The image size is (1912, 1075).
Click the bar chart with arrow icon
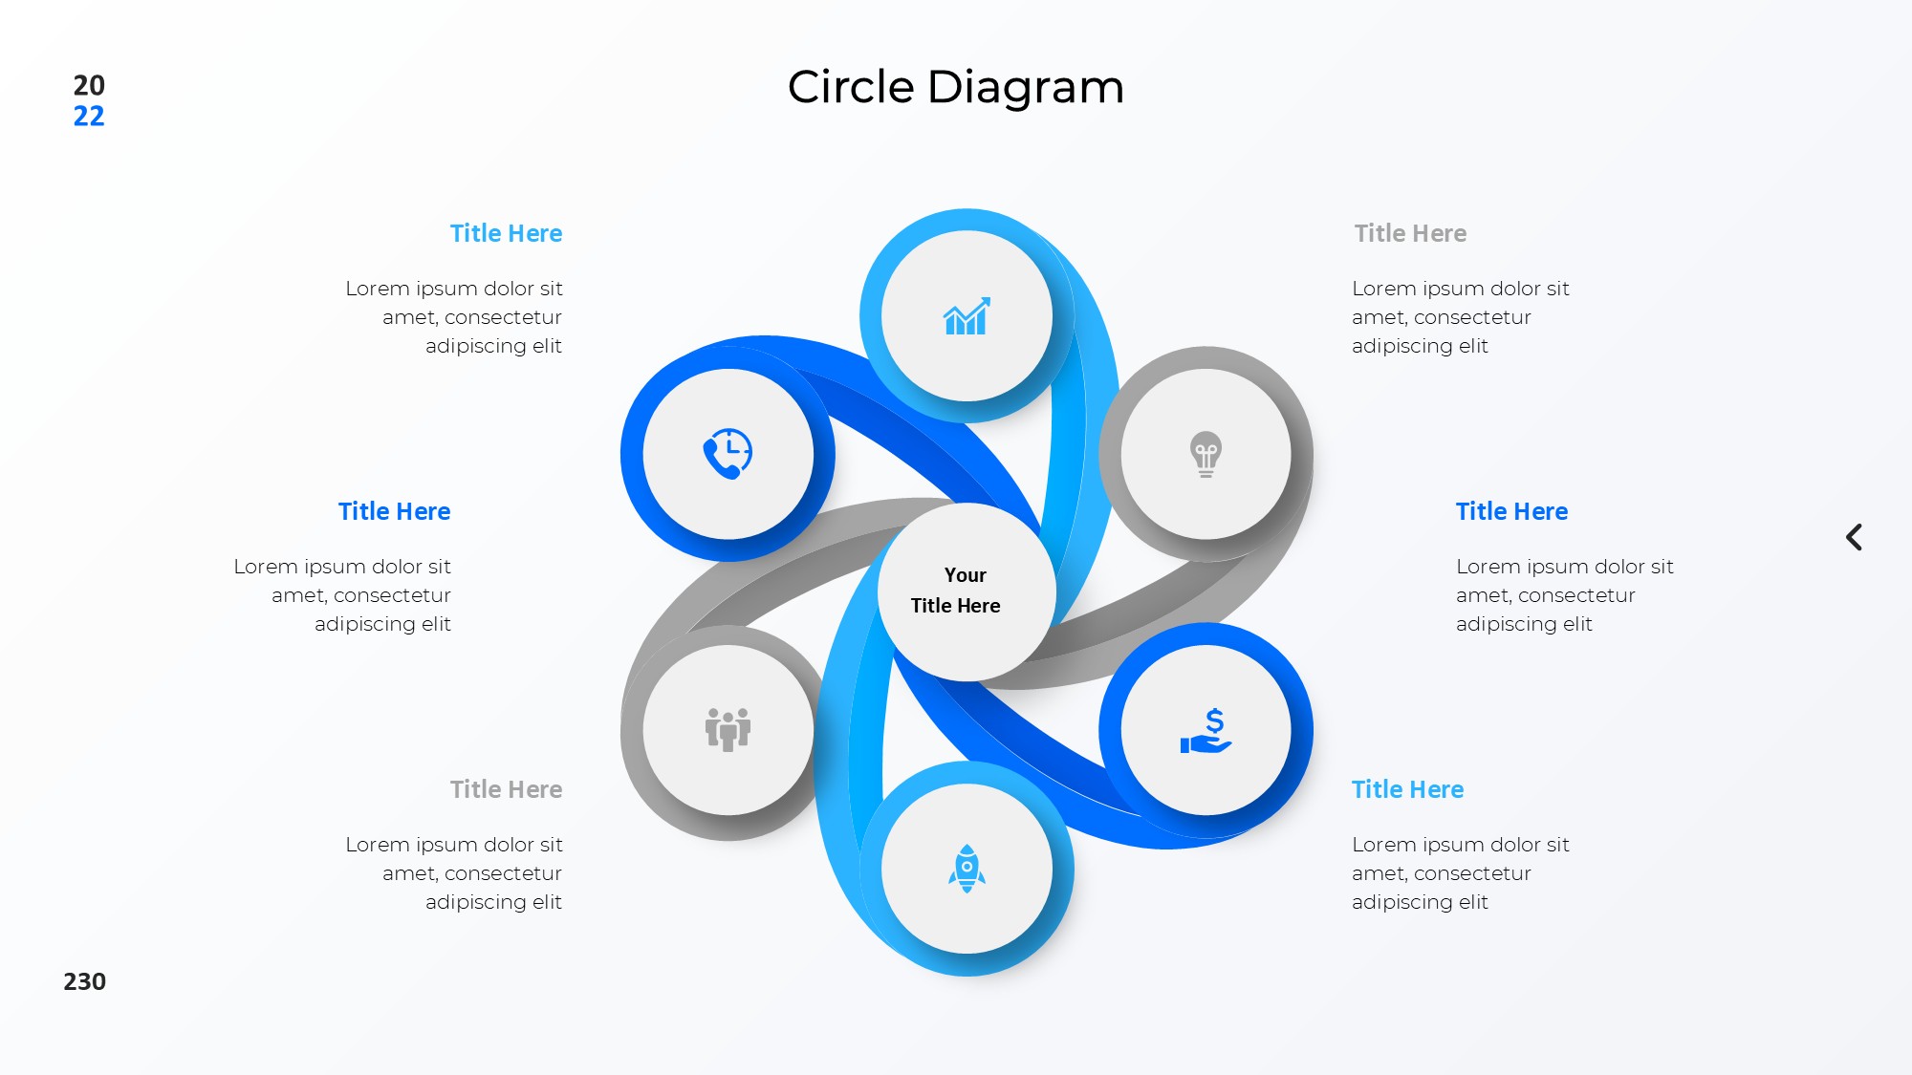(967, 316)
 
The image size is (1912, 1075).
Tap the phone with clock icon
(728, 454)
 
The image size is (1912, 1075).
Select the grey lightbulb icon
(1206, 454)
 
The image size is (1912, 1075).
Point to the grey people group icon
(728, 730)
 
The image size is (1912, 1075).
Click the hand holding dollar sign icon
(1206, 731)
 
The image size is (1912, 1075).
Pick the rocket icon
(967, 869)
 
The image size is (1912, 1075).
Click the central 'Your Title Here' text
(957, 591)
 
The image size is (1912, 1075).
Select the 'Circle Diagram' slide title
(955, 87)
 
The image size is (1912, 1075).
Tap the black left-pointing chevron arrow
(1854, 537)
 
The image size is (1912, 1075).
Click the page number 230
(84, 981)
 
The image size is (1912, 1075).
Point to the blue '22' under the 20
(89, 117)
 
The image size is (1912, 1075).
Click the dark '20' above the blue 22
(89, 85)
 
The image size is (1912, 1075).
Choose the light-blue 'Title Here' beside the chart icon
(506, 233)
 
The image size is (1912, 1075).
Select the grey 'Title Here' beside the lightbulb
(1410, 233)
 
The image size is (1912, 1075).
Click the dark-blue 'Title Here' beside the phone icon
(394, 511)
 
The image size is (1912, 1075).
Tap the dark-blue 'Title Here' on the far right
(1511, 511)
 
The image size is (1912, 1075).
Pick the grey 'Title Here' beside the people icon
(506, 789)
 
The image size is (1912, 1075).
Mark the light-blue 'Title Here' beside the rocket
(1407, 789)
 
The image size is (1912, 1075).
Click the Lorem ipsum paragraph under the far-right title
(1564, 595)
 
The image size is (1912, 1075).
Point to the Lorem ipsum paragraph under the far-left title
(342, 595)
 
